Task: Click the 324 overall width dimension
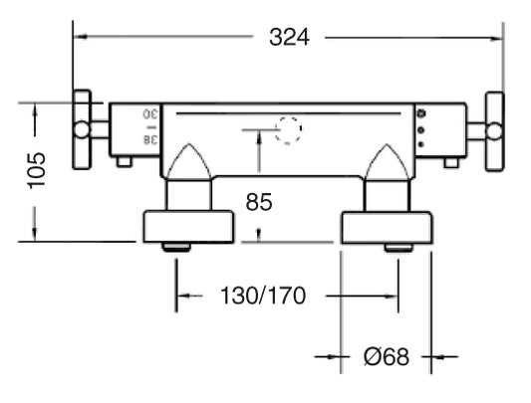click(289, 37)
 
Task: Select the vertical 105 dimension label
click(36, 170)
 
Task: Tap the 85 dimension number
click(259, 202)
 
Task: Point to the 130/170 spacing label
click(263, 296)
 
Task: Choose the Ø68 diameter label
click(387, 356)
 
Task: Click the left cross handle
click(83, 129)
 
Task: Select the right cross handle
click(494, 131)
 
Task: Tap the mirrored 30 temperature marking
click(150, 114)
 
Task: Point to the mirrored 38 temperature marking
click(150, 139)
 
